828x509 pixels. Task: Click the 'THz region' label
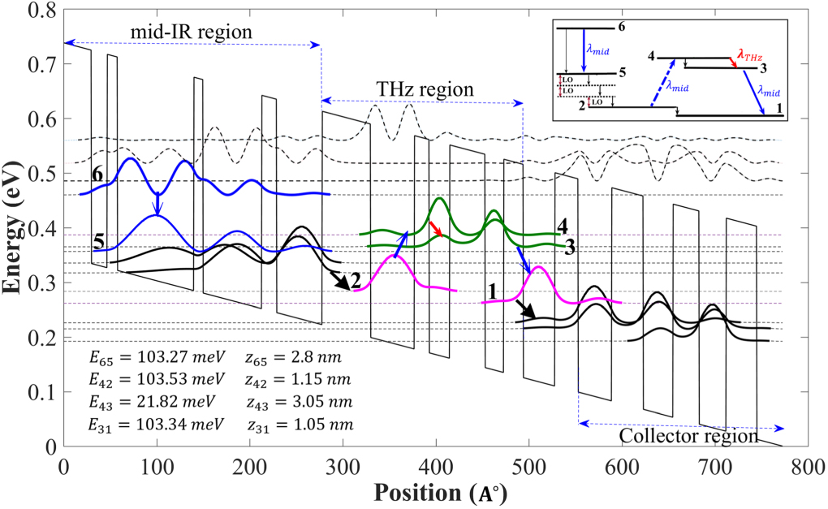[424, 88]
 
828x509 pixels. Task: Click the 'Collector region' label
[688, 436]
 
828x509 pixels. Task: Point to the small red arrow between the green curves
[438, 231]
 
